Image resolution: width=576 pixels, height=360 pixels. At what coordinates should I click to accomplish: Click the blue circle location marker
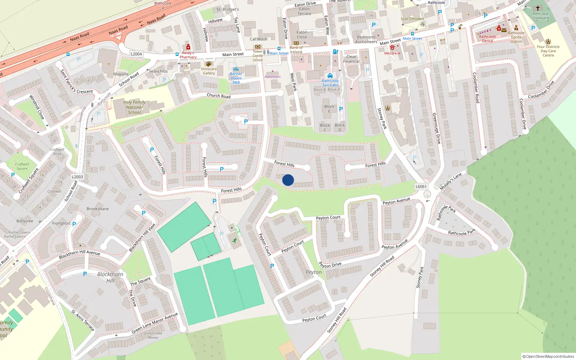click(x=288, y=180)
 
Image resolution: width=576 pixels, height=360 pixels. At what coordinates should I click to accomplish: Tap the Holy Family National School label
click(x=134, y=107)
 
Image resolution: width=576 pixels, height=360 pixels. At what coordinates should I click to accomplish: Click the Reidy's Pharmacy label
click(x=188, y=55)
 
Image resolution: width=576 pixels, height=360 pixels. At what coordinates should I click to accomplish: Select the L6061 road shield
click(x=421, y=186)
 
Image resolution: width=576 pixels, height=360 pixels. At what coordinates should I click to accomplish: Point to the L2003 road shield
click(x=77, y=177)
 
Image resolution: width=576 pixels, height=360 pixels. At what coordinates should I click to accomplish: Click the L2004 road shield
click(x=136, y=54)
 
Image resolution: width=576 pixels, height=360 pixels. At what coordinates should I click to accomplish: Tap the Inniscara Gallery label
click(x=209, y=71)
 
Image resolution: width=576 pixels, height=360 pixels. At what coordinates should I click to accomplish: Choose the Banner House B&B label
click(x=236, y=78)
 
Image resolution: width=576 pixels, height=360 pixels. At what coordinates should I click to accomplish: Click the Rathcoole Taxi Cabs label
click(x=330, y=83)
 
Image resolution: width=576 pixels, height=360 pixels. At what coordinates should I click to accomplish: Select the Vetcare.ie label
click(x=392, y=53)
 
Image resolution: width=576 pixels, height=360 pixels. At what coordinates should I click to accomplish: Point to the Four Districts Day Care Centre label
click(x=548, y=51)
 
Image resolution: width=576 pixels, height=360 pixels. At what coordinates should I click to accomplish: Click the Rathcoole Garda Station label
click(x=516, y=37)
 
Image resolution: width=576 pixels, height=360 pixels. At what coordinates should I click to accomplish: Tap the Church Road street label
click(x=219, y=96)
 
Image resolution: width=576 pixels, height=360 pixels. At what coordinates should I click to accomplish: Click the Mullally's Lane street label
click(x=451, y=181)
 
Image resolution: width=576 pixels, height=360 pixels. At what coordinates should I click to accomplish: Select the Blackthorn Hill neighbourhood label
click(x=110, y=277)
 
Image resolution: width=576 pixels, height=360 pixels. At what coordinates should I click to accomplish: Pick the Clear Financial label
click(x=351, y=59)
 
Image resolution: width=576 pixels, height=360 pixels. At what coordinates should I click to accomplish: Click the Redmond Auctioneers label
click(x=366, y=40)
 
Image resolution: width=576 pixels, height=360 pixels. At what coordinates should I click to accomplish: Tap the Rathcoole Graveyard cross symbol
click(x=538, y=8)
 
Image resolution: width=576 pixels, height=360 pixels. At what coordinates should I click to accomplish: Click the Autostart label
click(x=273, y=77)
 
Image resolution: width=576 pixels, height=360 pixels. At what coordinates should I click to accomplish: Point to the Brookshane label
click(x=98, y=209)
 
